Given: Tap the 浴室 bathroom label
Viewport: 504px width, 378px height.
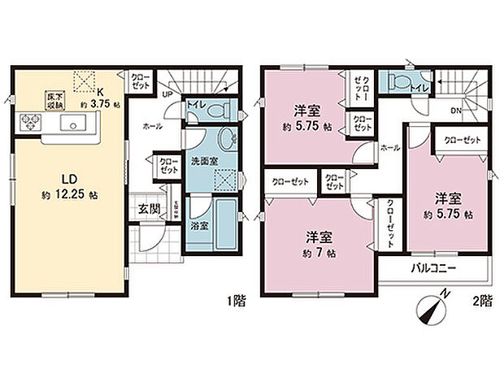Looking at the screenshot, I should click(199, 225).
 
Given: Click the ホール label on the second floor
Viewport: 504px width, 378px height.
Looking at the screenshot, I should click(389, 149).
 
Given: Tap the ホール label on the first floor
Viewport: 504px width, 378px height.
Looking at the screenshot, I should click(152, 127).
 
